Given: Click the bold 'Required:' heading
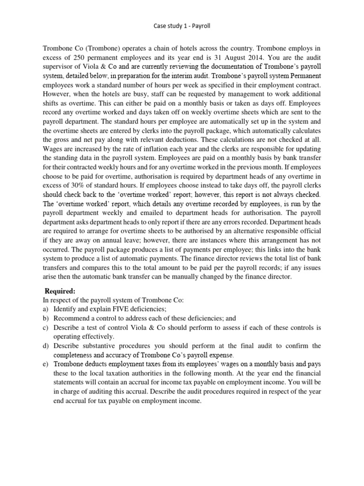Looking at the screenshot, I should coord(60,291).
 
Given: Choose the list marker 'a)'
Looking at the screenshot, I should coord(45,309).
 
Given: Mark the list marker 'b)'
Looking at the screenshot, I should coord(45,318).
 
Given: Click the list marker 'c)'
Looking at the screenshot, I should coord(45,327).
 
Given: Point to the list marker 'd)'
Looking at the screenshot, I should coord(45,346).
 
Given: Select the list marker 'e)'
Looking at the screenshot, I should coord(45,364).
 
